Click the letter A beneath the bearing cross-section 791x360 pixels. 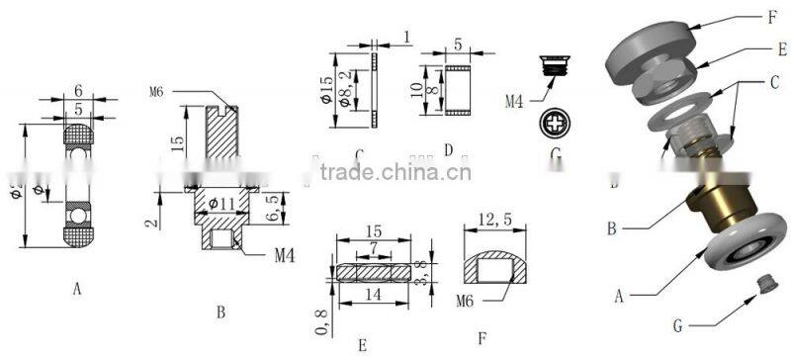(x=76, y=289)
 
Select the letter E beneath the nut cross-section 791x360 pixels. (x=363, y=344)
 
